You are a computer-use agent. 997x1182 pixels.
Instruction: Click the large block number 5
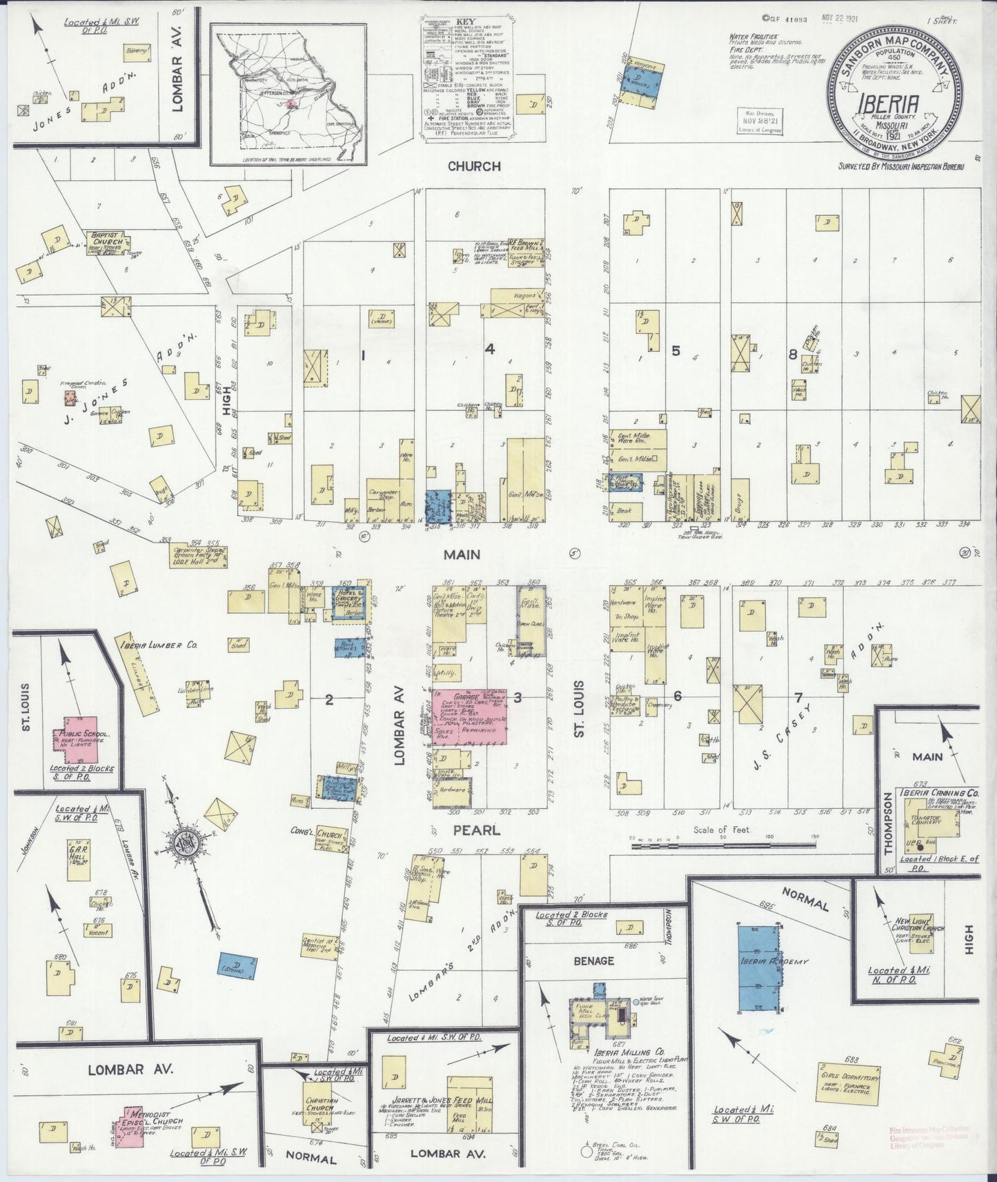(x=676, y=351)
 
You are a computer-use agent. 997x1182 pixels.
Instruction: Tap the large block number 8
(x=793, y=354)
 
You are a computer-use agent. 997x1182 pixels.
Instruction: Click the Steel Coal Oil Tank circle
(x=586, y=1151)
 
